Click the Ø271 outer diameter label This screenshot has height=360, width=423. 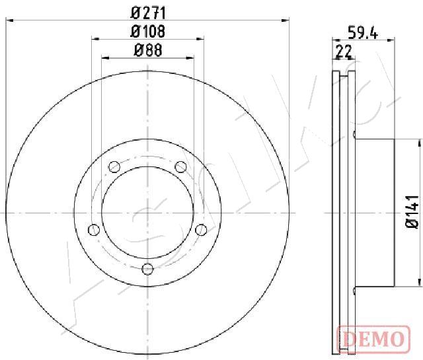coord(148,13)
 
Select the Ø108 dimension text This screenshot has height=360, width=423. coord(147,32)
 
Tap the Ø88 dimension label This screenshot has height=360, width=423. coord(148,50)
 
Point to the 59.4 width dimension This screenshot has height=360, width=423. coord(363,32)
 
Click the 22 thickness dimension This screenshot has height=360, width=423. coord(344,52)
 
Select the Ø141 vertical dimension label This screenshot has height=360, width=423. coord(412,212)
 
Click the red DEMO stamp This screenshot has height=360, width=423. coord(374,339)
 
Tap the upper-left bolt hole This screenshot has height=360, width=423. coord(114,166)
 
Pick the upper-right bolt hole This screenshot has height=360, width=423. coord(180,166)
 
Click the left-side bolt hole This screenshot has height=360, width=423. coord(94,230)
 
